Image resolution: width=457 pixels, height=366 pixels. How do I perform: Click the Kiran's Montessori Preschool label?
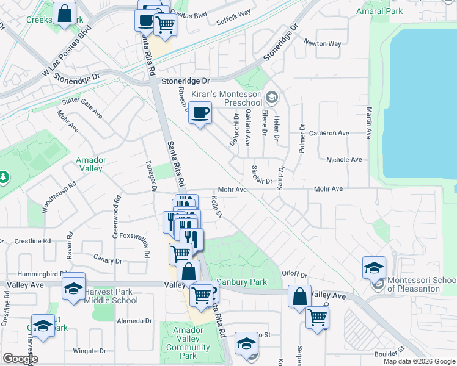coord(227,98)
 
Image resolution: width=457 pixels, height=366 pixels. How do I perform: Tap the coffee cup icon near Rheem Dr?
coord(200,113)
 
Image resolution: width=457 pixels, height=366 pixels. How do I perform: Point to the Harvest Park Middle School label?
coord(111,296)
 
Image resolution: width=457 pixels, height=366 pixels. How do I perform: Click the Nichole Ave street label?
coord(344,159)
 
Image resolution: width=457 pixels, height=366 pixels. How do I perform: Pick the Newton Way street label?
coord(323,43)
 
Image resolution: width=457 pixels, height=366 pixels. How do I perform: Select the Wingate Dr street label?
coord(90,351)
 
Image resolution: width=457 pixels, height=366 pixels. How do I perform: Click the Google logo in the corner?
coord(20,359)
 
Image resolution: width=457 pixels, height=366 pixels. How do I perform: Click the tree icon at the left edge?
coord(4,177)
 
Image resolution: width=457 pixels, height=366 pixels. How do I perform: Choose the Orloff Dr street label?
coord(294,275)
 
